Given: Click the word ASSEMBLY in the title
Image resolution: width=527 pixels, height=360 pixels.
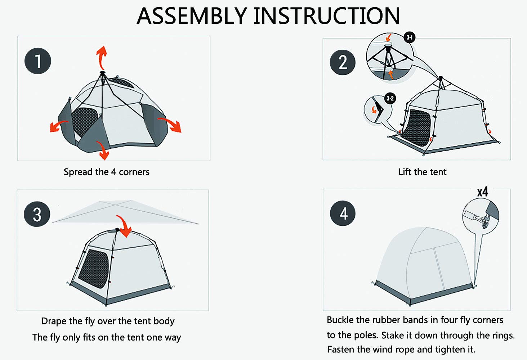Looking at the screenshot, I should [192, 16].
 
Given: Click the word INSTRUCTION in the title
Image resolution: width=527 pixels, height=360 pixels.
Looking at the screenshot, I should [327, 16].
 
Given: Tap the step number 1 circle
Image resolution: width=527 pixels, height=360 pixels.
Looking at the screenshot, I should [38, 61].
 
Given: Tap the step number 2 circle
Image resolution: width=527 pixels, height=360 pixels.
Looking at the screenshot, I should [343, 62].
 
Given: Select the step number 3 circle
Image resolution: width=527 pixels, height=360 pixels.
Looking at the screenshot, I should [37, 215].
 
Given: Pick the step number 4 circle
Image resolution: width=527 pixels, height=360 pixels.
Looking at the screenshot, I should [343, 213].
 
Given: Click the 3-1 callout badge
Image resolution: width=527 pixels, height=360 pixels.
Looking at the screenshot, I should [410, 37].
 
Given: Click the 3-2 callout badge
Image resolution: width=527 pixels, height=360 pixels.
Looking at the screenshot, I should [390, 98].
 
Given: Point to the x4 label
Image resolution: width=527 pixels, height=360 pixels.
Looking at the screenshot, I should [483, 192].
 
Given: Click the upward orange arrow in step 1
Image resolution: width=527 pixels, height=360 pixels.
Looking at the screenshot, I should [102, 57].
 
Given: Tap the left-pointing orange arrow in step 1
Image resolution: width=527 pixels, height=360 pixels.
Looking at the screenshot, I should [58, 126].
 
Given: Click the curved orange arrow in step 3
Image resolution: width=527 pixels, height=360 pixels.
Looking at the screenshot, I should [125, 226].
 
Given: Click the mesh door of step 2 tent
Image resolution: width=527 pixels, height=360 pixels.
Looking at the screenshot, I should [416, 127].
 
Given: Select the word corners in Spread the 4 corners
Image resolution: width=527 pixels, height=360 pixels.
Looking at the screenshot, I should [134, 172].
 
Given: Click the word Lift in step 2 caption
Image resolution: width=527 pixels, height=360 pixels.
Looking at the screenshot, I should [405, 172].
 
